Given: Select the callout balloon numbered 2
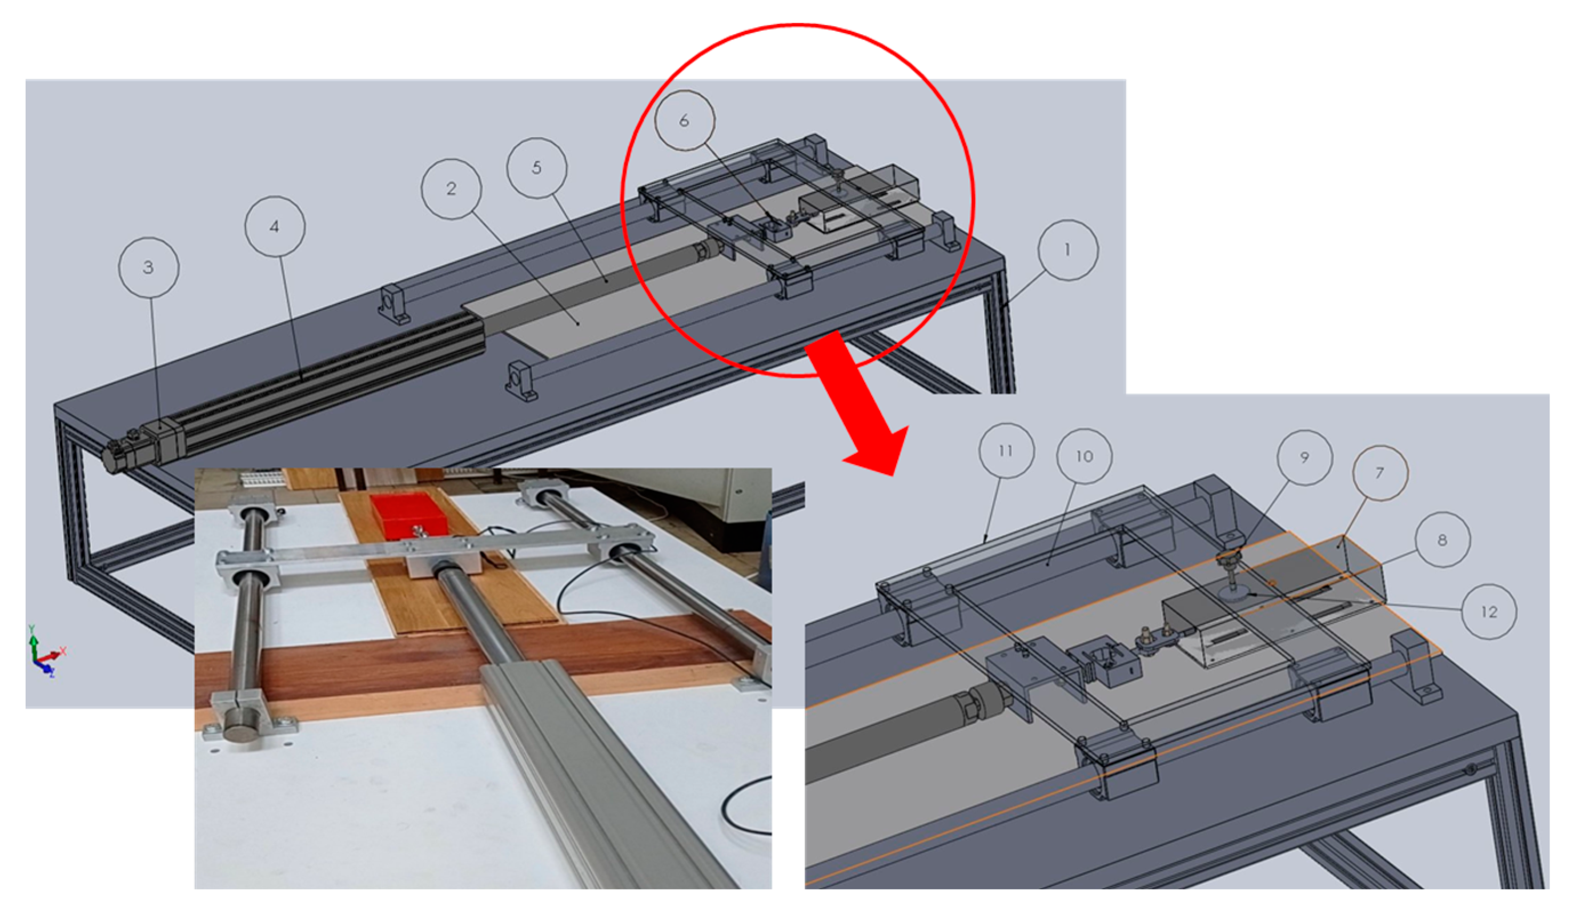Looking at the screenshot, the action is (x=451, y=189).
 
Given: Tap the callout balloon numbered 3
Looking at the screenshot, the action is (x=148, y=267).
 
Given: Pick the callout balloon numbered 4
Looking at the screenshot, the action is (x=275, y=226).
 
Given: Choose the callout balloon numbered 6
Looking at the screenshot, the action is (x=685, y=121).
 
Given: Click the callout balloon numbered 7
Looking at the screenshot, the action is (x=1380, y=473).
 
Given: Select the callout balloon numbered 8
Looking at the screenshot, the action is (x=1442, y=540).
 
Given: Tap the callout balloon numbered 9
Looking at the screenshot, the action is (x=1305, y=458).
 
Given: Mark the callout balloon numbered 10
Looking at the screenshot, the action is (x=1085, y=457).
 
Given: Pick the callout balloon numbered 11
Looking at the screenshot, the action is (x=1006, y=451).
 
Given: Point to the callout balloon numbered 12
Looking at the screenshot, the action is (x=1489, y=612).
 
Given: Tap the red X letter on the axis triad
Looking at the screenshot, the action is (x=62, y=651).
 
